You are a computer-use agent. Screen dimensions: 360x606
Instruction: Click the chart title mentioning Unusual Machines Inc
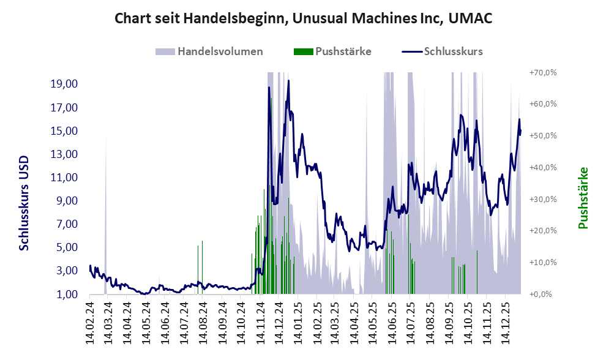pos(303,18)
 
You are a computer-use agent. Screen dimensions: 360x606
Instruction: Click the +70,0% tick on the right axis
pos(542,72)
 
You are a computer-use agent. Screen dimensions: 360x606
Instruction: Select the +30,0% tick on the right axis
pos(542,199)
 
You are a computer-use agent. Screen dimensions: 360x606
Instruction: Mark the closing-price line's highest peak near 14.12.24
pos(288,81)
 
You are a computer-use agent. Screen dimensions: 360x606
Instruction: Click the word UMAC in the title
pos(470,18)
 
